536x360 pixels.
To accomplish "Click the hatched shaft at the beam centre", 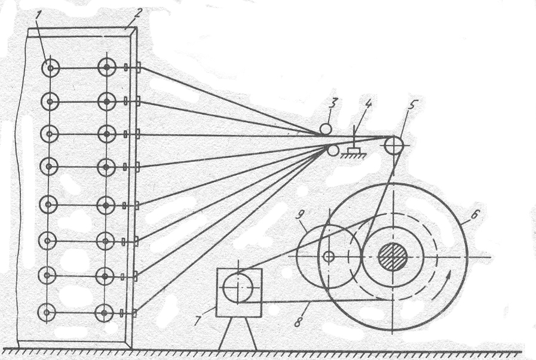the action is pos(394,257).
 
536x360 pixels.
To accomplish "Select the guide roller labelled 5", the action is pos(393,144).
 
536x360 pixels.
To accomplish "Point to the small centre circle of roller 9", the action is pos(328,257).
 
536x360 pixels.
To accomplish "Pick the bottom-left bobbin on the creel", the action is pos(49,312).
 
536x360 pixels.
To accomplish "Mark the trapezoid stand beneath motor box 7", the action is pos(238,337).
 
